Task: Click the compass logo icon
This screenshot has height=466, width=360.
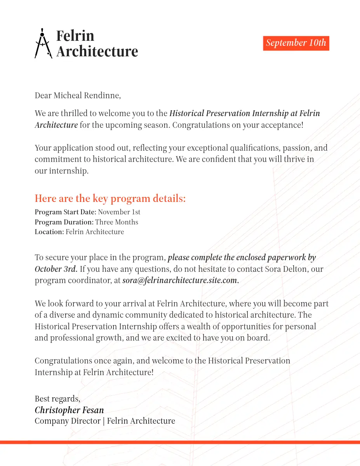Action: (43, 43)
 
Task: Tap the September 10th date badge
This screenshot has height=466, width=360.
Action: (296, 43)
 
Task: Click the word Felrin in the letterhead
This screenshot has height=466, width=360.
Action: (75, 36)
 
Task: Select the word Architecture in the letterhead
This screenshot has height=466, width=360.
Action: (97, 51)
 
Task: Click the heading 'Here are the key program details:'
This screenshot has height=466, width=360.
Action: (110, 198)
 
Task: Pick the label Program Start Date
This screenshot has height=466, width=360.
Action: (65, 212)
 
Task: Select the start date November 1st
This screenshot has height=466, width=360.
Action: (119, 212)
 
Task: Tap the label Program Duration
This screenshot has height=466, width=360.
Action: (64, 222)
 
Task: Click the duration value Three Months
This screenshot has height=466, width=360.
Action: (117, 222)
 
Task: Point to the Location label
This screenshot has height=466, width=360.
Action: (49, 232)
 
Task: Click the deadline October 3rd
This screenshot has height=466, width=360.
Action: (56, 269)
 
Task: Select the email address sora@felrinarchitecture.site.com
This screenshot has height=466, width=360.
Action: (180, 280)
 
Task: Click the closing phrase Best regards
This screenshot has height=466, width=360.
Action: (57, 399)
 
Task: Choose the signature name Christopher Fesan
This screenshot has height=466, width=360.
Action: (69, 410)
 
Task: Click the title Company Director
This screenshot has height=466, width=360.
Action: (68, 421)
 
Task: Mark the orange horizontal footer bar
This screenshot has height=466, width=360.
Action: (180, 442)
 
